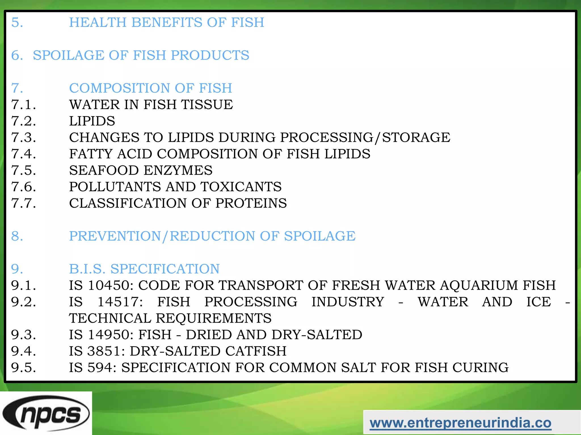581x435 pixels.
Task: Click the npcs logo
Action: tap(46, 413)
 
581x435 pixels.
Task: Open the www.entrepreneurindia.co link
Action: tap(460, 423)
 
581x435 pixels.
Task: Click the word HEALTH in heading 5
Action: tap(98, 22)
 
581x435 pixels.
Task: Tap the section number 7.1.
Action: tap(24, 105)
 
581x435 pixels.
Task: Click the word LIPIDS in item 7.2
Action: tap(92, 121)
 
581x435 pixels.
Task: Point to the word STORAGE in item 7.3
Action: tap(416, 137)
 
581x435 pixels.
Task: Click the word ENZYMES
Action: tap(178, 170)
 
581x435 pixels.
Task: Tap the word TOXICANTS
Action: tap(241, 187)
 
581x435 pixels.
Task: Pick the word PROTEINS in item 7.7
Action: tap(251, 203)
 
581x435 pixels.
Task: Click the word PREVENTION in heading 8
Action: tap(115, 236)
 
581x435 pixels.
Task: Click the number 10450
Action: tap(111, 285)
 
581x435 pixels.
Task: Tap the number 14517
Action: tap(120, 302)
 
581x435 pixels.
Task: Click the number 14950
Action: tap(111, 334)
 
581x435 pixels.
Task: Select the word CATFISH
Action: tap(256, 351)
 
